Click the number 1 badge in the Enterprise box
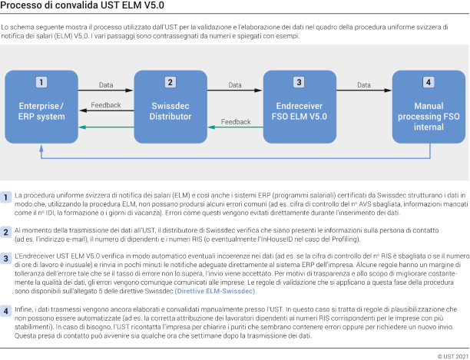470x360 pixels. pyautogui.click(x=41, y=82)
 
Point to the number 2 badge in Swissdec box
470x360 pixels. pyautogui.click(x=170, y=82)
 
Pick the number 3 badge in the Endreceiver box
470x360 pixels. pyautogui.click(x=298, y=82)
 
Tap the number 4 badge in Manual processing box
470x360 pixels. pyautogui.click(x=427, y=82)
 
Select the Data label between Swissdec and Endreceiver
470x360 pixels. pyautogui.click(x=234, y=84)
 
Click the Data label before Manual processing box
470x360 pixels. pyautogui.click(x=363, y=84)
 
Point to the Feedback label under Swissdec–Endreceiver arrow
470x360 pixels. pyautogui.click(x=236, y=121)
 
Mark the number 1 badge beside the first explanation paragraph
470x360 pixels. pyautogui.click(x=6, y=197)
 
